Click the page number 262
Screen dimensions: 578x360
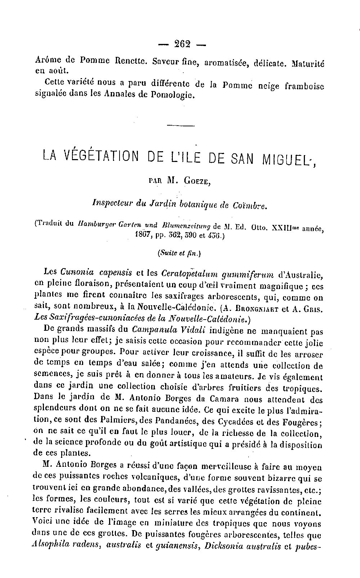point(182,44)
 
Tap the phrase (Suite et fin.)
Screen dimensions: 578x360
point(179,253)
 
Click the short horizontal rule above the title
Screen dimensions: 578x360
point(181,126)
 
